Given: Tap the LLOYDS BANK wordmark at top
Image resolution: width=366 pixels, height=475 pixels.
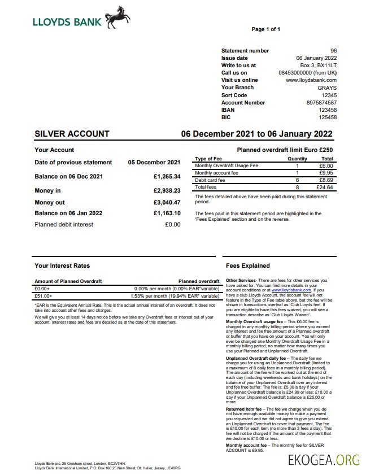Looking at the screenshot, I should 67,22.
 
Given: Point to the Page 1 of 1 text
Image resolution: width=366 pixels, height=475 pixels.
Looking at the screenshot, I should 265,29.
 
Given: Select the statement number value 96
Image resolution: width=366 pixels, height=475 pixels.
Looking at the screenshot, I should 333,51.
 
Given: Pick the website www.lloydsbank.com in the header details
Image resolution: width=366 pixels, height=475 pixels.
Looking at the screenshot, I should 311,80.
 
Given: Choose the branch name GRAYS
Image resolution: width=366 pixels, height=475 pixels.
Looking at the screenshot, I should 327,88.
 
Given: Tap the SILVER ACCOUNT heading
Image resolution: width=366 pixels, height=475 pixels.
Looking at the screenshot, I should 72,134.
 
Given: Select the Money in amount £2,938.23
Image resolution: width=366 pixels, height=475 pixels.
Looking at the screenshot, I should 167,190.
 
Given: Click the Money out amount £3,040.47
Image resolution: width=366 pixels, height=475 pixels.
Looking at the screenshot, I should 167,202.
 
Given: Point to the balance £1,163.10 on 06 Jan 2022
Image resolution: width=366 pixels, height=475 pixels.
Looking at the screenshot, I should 167,213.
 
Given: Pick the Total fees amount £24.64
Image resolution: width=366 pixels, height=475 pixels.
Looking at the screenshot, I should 325,187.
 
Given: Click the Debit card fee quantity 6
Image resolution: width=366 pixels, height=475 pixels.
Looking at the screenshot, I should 297,180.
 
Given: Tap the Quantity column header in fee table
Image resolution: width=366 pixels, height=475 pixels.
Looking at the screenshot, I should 297,159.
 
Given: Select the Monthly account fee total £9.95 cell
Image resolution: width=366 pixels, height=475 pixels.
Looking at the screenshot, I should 326,173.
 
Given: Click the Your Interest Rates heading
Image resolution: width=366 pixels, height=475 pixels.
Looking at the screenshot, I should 62,265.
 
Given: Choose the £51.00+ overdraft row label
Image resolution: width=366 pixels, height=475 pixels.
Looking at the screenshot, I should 43,295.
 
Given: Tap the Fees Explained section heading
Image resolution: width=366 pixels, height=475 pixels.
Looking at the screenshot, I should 247,265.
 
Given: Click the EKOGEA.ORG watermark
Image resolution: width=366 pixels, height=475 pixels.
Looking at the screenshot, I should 324,460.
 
